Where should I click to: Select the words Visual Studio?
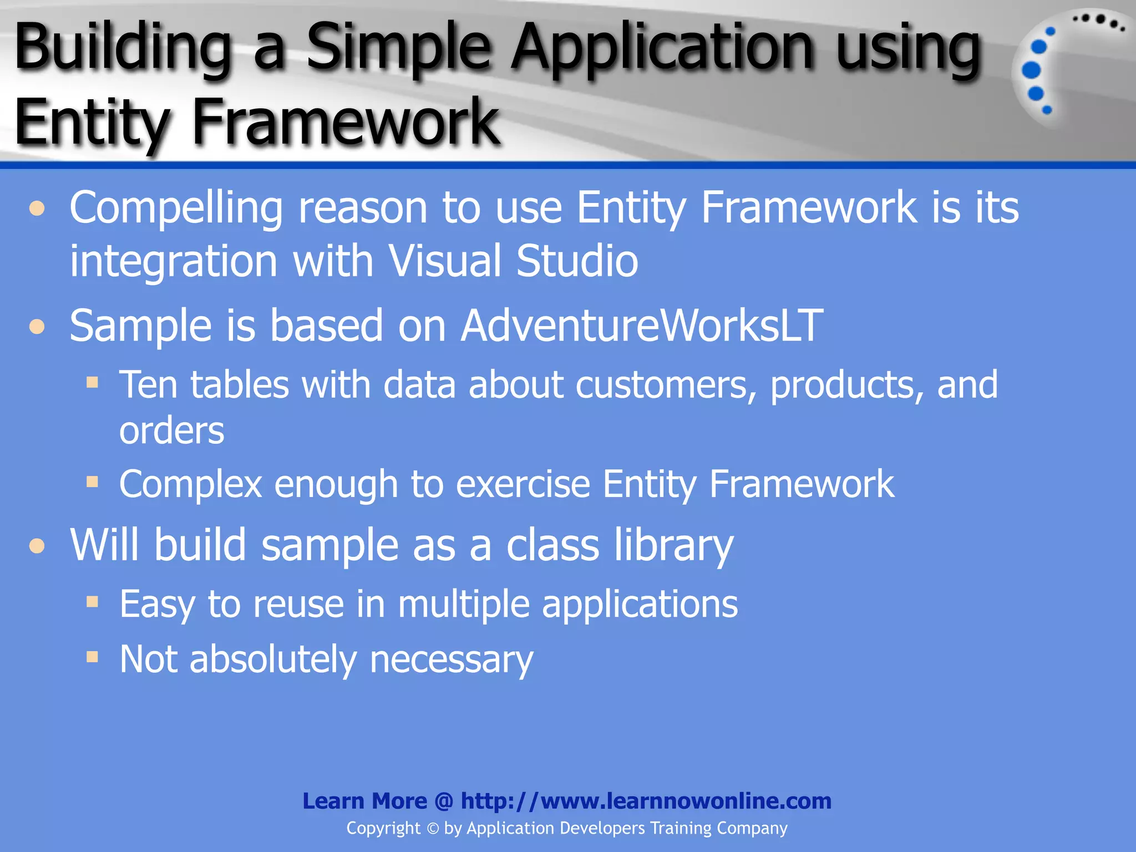[513, 261]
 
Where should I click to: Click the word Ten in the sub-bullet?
[148, 384]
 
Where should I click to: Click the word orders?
[171, 431]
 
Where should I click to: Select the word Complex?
[190, 484]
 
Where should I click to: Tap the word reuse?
[298, 604]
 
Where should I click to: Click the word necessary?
[451, 660]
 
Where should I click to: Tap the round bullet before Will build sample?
[37, 546]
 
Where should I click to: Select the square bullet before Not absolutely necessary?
[92, 657]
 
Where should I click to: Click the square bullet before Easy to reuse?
[92, 602]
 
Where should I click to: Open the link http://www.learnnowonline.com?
[646, 801]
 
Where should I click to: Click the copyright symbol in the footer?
[433, 829]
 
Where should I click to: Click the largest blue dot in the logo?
[1031, 70]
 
